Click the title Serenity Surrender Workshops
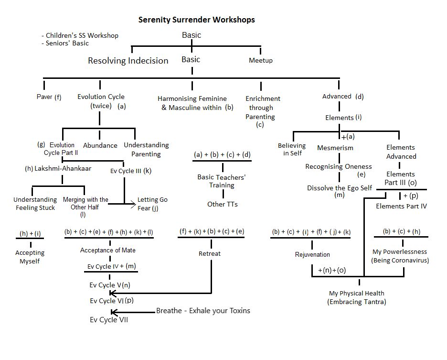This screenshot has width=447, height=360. pyautogui.click(x=196, y=20)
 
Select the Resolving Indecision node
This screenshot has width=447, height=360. pyautogui.click(x=128, y=61)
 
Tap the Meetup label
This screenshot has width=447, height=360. pyautogui.click(x=261, y=61)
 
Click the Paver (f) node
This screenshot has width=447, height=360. pyautogui.click(x=49, y=97)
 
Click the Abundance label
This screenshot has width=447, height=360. pyautogui.click(x=100, y=145)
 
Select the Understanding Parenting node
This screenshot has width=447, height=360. pyautogui.click(x=146, y=149)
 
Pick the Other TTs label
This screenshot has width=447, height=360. pyautogui.click(x=222, y=204)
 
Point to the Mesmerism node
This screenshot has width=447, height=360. pyautogui.click(x=335, y=148)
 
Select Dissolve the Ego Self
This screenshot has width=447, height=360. pyautogui.click(x=339, y=188)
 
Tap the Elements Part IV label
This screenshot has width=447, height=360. pyautogui.click(x=401, y=207)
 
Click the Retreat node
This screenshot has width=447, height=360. pyautogui.click(x=210, y=253)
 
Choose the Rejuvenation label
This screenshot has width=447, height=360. pyautogui.click(x=312, y=254)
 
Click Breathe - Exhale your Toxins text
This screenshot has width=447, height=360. pyautogui.click(x=203, y=311)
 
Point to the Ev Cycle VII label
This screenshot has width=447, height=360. pyautogui.click(x=109, y=320)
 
